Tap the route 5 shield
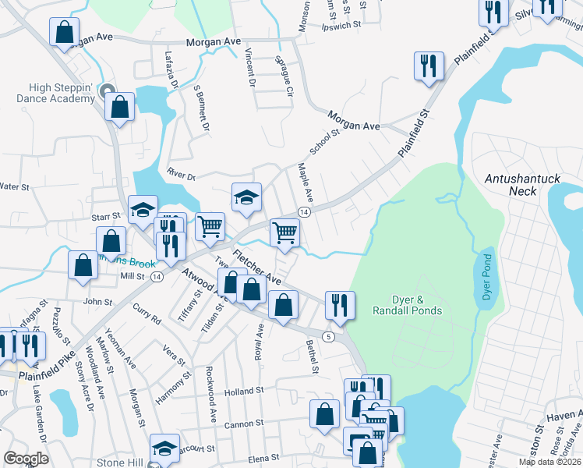coord(330,336)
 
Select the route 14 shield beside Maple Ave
coord(304,212)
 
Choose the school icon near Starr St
coord(143,209)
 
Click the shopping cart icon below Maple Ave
coord(285,232)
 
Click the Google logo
coord(26,459)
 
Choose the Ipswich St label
coord(342,25)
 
